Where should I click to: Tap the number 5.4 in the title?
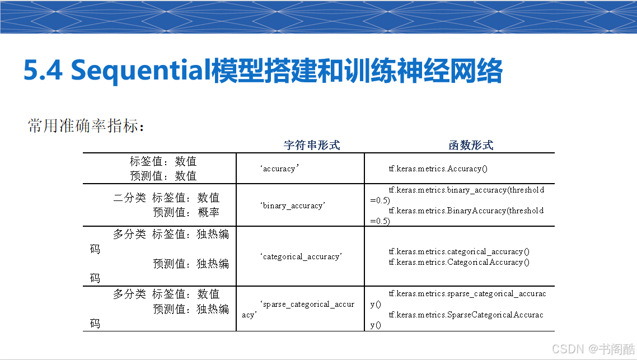click(43, 71)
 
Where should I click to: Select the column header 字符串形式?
click(312, 145)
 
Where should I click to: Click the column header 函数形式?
click(471, 145)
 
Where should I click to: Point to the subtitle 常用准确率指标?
click(86, 125)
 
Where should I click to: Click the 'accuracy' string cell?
click(279, 169)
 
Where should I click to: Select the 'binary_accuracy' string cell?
click(293, 205)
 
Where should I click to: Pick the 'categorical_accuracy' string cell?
click(301, 257)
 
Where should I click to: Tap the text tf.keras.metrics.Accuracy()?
click(438, 169)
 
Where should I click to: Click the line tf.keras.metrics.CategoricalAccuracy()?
click(459, 263)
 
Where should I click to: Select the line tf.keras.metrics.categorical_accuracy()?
click(459, 252)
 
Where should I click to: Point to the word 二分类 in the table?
click(129, 198)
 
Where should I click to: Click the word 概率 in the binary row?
click(208, 213)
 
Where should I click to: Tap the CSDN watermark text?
click(593, 349)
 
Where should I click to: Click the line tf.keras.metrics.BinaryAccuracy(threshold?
click(466, 211)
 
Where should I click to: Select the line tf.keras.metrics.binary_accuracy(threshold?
click(466, 190)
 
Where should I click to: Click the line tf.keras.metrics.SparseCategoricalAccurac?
click(466, 315)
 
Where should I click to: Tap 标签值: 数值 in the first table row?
click(163, 161)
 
